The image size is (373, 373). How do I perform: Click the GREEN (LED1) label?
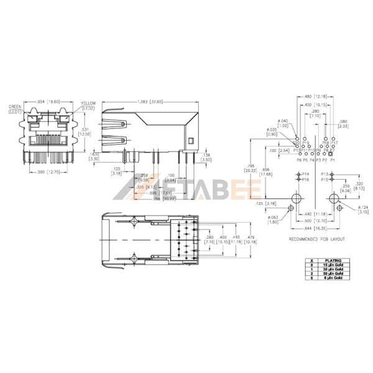click(16, 108)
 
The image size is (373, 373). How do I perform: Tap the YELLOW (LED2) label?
click(87, 106)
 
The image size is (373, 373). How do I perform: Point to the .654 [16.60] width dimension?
click(48, 101)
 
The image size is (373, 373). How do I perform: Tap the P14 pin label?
click(305, 173)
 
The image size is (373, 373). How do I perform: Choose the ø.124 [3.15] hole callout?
click(364, 210)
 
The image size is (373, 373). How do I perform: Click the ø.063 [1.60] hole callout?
click(274, 219)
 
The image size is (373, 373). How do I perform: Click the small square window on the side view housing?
click(192, 140)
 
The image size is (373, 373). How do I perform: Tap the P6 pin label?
click(299, 160)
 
